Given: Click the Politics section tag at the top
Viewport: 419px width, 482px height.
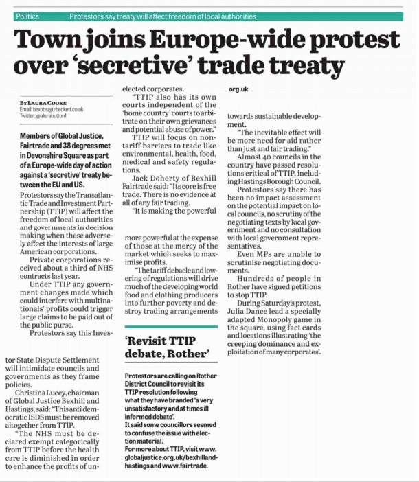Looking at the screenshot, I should pos(27,15).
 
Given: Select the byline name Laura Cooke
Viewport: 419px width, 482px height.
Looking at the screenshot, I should pos(47,103).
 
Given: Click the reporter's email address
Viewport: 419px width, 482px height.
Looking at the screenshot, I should pos(52,110).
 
